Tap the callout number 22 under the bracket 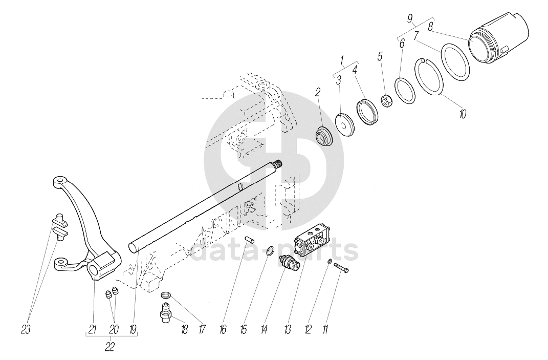pos(109,347)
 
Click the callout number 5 pos(380,56)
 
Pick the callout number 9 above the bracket pos(410,19)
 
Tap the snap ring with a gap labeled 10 pos(430,77)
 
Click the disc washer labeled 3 pos(345,123)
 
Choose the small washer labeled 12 pos(331,262)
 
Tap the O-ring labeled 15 pos(271,251)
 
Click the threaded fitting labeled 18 pos(166,312)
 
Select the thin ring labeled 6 pos(404,91)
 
